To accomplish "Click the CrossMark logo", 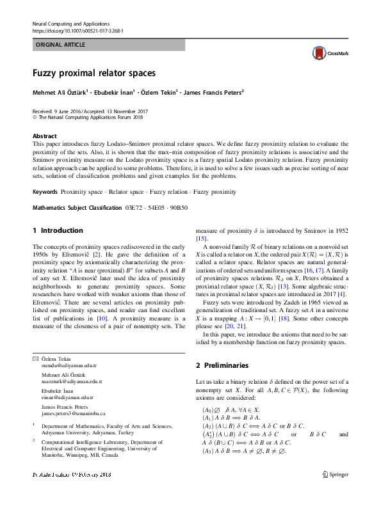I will pyautogui.click(x=327, y=54).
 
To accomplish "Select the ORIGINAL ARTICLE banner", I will pyautogui.click(x=108, y=45).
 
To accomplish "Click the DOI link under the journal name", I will pyautogui.click(x=77, y=31).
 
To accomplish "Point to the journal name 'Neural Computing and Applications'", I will pyautogui.click(x=70, y=23).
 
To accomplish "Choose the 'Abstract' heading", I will pyautogui.click(x=44, y=136).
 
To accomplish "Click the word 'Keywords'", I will pyautogui.click(x=45, y=192).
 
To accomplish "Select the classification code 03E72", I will pyautogui.click(x=133, y=208).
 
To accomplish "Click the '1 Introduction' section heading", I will pyautogui.click(x=58, y=230).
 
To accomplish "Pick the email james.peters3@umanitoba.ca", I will pyautogui.click(x=73, y=414).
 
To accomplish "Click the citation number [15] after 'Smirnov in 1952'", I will pyautogui.click(x=201, y=238).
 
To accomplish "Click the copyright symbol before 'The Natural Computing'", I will pyautogui.click(x=35, y=118).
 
